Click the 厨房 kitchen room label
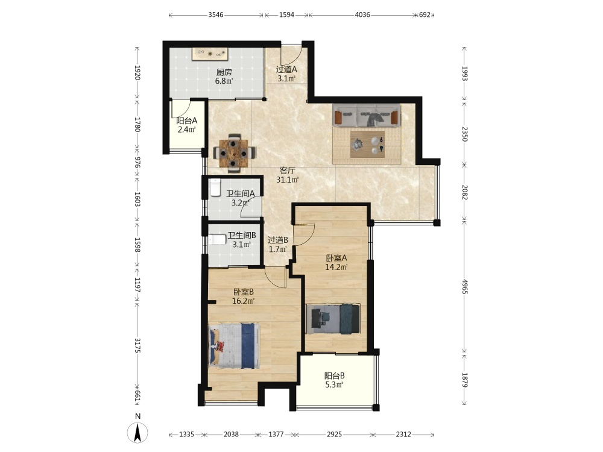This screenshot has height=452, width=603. point(224,72)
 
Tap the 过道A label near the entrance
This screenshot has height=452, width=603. point(286,69)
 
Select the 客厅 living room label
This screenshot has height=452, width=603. point(287,171)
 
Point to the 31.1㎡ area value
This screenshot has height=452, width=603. point(287,180)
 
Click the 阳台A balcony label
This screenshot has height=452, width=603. point(186,121)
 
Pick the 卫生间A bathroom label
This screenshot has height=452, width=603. point(240,193)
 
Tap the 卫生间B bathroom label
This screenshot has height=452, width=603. point(242,235)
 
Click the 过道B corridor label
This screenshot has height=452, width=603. point(277,240)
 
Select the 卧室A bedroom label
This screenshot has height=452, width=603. point(336,258)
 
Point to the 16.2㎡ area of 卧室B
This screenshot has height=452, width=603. point(243,301)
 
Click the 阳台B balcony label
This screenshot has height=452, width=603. point(334,375)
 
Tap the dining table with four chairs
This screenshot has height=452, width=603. point(234,153)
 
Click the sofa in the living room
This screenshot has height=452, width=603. point(367,115)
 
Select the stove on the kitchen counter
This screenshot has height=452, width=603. point(210,54)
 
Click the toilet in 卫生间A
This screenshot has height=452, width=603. point(215,187)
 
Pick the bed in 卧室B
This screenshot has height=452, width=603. point(234,346)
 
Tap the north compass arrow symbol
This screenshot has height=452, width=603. point(137,432)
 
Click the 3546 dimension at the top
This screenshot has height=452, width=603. point(216,15)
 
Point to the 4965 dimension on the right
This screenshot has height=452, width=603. point(464,287)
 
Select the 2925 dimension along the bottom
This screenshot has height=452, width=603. point(334,435)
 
